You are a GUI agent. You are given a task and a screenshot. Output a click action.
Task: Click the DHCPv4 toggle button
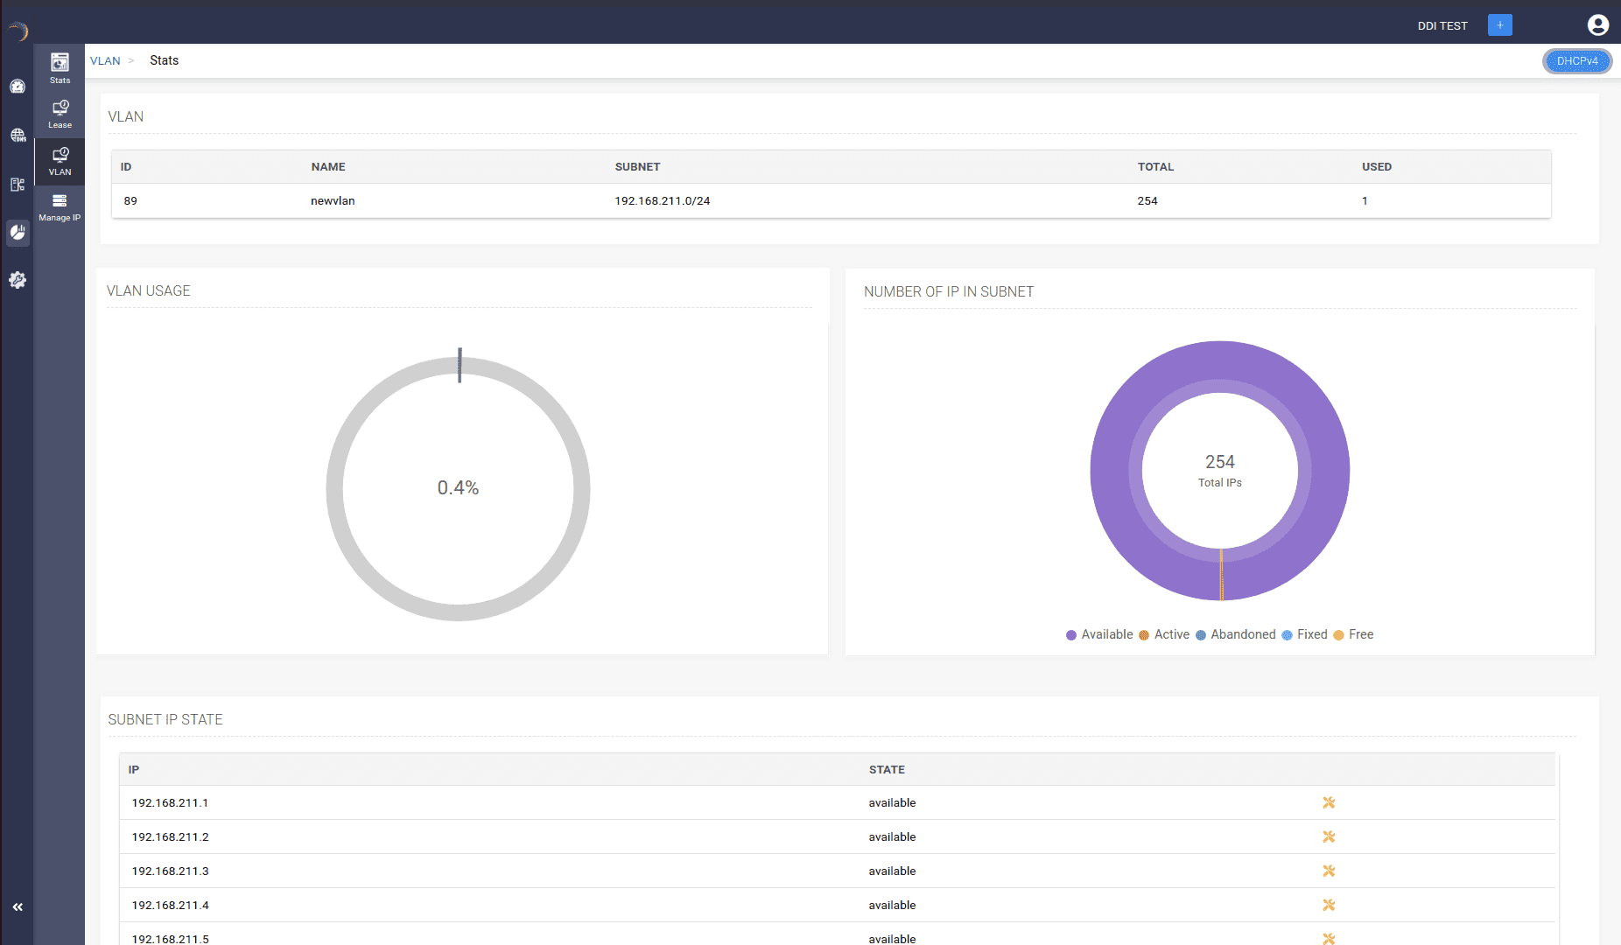(x=1576, y=61)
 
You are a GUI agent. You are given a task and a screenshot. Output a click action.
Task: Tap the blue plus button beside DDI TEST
(x=1499, y=25)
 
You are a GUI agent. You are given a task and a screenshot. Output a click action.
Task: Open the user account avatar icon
(x=1597, y=25)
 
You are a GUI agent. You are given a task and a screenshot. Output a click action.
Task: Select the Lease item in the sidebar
(x=60, y=114)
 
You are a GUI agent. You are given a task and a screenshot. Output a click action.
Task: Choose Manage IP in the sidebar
(x=60, y=206)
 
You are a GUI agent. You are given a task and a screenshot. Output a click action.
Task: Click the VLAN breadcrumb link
(x=105, y=61)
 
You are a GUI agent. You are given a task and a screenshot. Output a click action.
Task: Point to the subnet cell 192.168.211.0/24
(x=662, y=201)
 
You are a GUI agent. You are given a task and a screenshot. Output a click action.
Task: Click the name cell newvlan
(x=333, y=201)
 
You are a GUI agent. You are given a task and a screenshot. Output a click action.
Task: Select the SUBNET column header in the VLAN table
(x=637, y=167)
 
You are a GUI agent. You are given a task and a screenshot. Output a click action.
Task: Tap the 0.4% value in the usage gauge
(x=458, y=488)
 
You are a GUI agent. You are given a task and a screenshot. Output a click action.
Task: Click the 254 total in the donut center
(x=1219, y=462)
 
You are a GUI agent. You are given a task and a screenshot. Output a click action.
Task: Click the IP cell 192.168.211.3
(x=170, y=871)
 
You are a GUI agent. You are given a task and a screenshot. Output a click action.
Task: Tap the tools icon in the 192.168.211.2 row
(x=1328, y=837)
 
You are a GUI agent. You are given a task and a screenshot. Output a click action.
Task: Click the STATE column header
(x=887, y=770)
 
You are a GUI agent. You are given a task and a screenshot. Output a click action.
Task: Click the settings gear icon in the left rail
(x=18, y=280)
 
